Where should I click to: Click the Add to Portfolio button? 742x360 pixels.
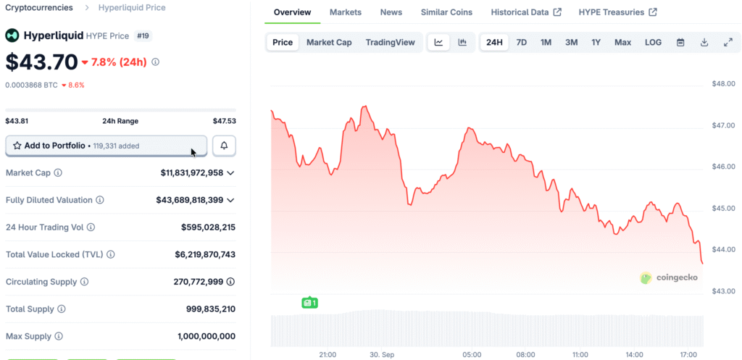(107, 146)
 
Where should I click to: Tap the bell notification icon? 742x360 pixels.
(224, 146)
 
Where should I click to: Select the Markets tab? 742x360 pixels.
(346, 12)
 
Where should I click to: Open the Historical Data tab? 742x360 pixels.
(526, 12)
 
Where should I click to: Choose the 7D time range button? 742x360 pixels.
(521, 42)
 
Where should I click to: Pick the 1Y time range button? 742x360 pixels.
(596, 42)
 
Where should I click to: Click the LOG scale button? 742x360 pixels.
(653, 42)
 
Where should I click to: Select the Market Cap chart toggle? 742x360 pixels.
(329, 42)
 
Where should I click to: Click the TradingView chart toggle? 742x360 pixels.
(391, 42)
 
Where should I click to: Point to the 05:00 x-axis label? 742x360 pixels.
(472, 355)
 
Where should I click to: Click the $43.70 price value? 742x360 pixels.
(41, 62)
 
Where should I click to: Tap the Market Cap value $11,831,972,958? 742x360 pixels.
(192, 173)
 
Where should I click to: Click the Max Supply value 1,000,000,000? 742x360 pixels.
(207, 336)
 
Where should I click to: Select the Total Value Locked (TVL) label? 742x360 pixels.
(54, 255)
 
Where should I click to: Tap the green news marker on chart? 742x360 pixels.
(309, 302)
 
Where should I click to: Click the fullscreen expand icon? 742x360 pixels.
(728, 42)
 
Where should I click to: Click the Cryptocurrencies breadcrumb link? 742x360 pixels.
(39, 7)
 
